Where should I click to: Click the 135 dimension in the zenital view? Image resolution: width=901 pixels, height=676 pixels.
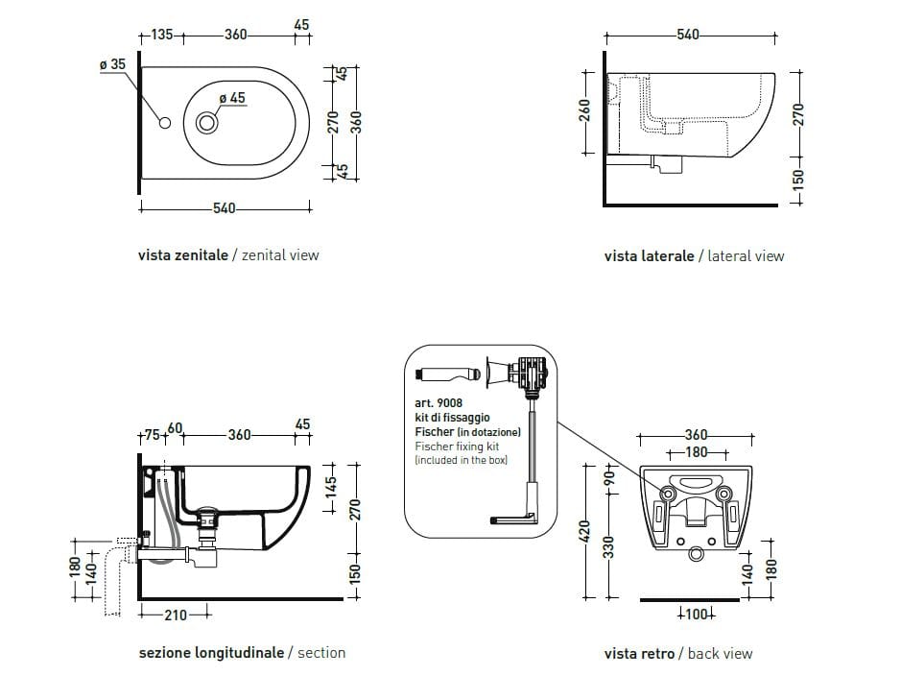(161, 36)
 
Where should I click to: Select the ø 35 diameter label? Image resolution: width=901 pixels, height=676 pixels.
(112, 64)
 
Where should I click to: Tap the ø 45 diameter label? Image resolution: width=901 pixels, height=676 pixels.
(232, 98)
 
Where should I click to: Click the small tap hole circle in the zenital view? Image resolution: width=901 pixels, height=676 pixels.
(164, 123)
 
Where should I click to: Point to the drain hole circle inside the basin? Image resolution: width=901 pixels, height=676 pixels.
(207, 123)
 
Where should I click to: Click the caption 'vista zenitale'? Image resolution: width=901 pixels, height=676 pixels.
(183, 255)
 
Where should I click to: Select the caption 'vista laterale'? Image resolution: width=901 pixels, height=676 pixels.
(649, 256)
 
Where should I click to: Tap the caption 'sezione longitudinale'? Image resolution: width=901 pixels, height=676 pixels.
(211, 653)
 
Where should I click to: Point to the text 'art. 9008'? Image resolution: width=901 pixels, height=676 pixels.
(439, 403)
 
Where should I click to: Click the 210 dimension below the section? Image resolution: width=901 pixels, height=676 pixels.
(175, 615)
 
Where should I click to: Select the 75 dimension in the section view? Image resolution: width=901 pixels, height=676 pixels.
(152, 435)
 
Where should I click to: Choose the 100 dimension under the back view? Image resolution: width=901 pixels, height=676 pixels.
(696, 615)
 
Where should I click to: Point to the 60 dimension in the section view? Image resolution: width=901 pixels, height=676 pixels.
(175, 427)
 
